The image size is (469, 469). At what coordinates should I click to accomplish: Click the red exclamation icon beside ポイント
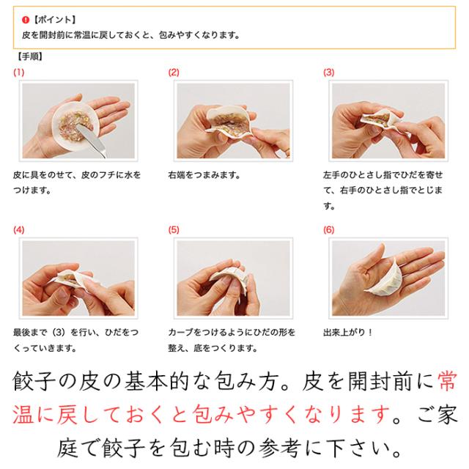click(26, 20)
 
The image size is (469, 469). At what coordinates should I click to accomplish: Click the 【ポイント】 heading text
click(53, 20)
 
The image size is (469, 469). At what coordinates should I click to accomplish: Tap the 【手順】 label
click(29, 56)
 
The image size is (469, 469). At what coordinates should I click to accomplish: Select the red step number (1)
click(18, 73)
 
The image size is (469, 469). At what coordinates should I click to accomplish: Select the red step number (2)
click(174, 73)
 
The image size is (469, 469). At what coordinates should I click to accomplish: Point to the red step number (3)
click(329, 73)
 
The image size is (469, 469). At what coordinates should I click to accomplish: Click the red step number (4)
click(18, 229)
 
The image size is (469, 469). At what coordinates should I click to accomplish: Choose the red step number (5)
click(174, 229)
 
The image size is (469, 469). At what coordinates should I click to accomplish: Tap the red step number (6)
click(329, 229)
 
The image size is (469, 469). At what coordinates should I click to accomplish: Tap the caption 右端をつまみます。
click(204, 175)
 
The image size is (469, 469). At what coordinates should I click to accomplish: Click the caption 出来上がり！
click(348, 332)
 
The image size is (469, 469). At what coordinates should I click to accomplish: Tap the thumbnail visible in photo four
click(63, 295)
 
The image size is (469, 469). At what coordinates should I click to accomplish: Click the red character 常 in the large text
click(446, 381)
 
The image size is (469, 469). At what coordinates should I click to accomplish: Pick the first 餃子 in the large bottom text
click(34, 381)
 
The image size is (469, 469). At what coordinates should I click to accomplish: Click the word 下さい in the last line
click(363, 448)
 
